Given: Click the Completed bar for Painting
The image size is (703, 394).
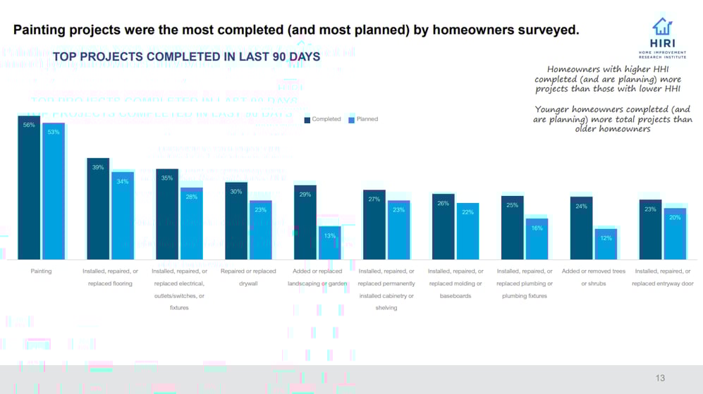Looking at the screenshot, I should click(x=29, y=187).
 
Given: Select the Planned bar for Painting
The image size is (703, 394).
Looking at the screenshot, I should click(x=54, y=191).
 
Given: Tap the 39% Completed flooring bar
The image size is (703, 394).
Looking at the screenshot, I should click(x=98, y=208).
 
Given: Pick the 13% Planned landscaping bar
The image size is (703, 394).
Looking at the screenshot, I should click(x=329, y=242).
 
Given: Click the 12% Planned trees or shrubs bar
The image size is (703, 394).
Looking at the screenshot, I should click(x=606, y=244).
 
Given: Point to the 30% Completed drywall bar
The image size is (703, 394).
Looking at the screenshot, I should click(x=236, y=221).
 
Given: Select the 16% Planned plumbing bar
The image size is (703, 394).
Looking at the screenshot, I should click(x=537, y=239).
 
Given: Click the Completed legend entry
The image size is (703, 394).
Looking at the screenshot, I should click(x=323, y=120).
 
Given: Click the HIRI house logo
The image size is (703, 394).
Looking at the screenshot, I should click(x=662, y=27).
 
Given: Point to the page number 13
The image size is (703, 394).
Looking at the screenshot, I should click(x=660, y=378).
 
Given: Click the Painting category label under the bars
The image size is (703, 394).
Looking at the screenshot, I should click(x=41, y=271).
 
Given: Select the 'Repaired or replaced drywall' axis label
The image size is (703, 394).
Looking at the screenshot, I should click(x=248, y=277).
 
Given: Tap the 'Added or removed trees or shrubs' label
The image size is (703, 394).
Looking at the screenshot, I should click(x=594, y=277).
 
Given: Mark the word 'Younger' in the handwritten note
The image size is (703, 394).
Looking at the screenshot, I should click(x=555, y=110).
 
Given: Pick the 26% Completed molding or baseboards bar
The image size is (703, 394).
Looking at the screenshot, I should click(x=444, y=226).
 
